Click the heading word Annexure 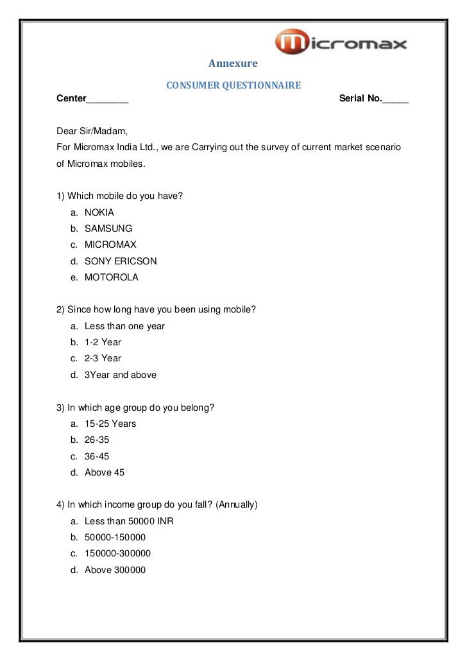coord(233,64)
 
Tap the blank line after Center coord(108,99)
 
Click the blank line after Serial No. coord(395,99)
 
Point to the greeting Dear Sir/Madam coord(92,131)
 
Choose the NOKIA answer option coord(99,212)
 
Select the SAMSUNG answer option coord(108,228)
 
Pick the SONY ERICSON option coord(121,261)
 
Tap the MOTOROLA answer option coord(111,278)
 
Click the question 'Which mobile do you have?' coord(125,196)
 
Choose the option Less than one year coord(124,326)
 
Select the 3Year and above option coord(121,375)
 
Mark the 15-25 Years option coord(110,424)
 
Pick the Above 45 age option coord(105,472)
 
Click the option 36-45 coord(97,456)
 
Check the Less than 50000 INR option coord(129,521)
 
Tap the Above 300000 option coord(115,570)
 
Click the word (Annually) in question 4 coord(237,505)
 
